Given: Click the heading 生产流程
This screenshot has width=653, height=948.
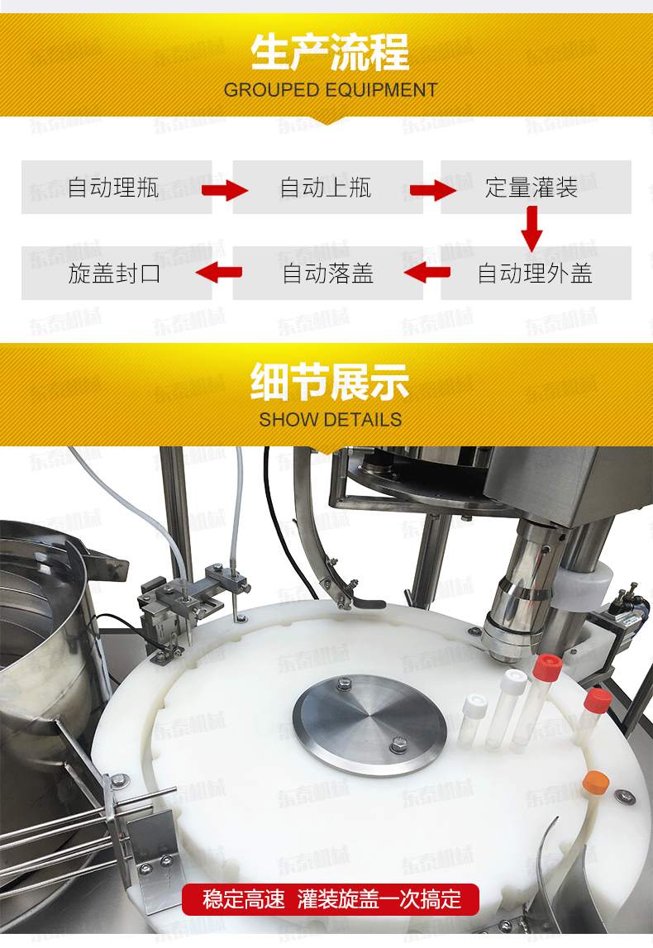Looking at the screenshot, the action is click(330, 53).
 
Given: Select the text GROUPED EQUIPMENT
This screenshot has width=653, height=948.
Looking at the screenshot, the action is click(330, 90).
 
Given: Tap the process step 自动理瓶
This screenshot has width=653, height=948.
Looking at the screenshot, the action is click(113, 188).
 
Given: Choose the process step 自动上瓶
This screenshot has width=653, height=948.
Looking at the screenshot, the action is click(326, 188).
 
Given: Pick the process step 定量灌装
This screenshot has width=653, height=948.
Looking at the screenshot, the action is click(531, 188).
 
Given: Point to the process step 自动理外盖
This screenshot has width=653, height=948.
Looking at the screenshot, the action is click(535, 274).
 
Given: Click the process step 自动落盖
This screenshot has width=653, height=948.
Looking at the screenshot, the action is click(327, 274).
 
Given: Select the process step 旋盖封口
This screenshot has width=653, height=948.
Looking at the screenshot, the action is click(114, 274).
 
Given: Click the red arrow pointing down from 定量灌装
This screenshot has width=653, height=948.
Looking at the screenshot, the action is click(531, 229).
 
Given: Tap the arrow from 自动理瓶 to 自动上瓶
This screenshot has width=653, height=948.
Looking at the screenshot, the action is click(225, 190).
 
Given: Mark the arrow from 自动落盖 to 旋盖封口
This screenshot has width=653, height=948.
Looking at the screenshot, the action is click(219, 272).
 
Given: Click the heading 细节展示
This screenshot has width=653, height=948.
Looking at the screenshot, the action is click(330, 382).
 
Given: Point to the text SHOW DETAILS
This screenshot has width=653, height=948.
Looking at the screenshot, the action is click(330, 420).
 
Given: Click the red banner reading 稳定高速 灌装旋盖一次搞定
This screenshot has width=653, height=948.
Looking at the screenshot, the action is click(330, 899).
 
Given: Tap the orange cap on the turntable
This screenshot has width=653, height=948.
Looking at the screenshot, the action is click(596, 782).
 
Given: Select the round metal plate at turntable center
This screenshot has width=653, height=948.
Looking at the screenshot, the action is click(369, 724).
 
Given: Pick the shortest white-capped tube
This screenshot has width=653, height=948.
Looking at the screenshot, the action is click(472, 720).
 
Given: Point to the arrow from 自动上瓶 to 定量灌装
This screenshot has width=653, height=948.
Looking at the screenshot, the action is click(433, 190).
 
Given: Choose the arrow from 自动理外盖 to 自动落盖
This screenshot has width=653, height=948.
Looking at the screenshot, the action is click(427, 272).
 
